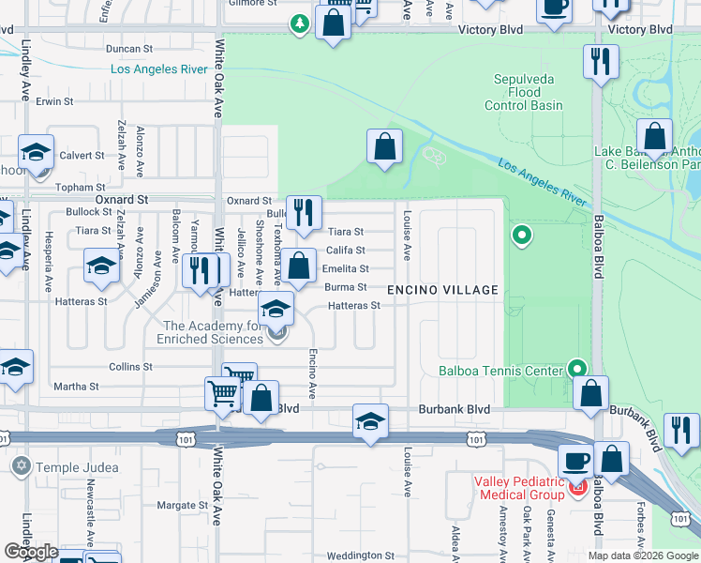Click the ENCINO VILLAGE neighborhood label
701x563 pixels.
pyautogui.click(x=443, y=290)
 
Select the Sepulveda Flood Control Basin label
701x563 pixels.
pyautogui.click(x=524, y=93)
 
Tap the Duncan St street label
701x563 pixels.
pyautogui.click(x=129, y=49)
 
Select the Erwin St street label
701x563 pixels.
pyautogui.click(x=55, y=101)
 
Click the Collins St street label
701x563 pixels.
pyautogui.click(x=130, y=367)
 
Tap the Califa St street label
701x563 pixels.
pyautogui.click(x=345, y=251)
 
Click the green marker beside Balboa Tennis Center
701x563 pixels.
pyautogui.click(x=577, y=370)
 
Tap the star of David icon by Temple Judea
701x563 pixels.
pyautogui.click(x=21, y=465)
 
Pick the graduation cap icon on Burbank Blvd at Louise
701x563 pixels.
pyautogui.click(x=370, y=421)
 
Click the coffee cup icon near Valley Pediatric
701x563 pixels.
pyautogui.click(x=574, y=460)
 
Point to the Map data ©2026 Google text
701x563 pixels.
pyautogui.click(x=643, y=555)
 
